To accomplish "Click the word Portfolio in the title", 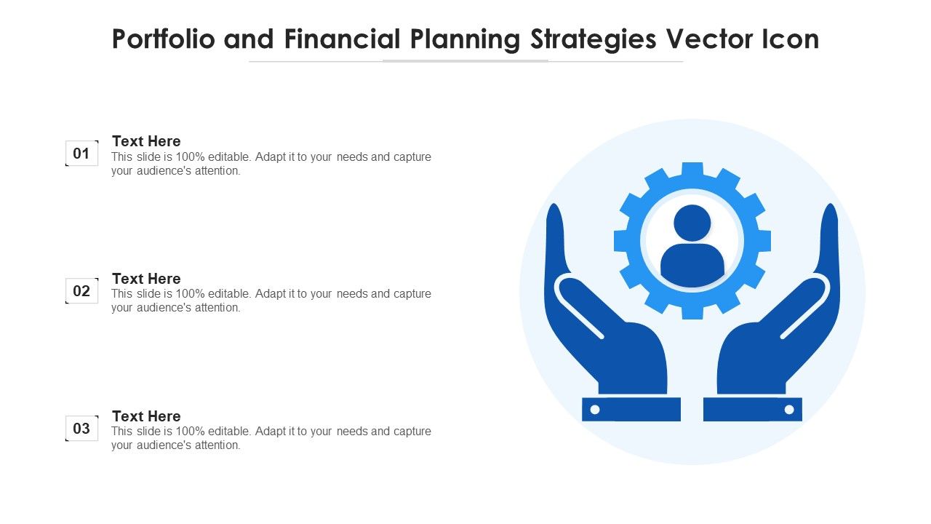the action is click(164, 39).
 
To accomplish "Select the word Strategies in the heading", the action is click(594, 40).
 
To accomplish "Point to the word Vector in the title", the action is click(710, 39).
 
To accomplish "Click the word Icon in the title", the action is click(791, 39).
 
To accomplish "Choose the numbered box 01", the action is click(82, 154).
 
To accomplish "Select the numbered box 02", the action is click(82, 290).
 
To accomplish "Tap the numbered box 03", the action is click(82, 428).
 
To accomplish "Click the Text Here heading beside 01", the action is click(146, 141).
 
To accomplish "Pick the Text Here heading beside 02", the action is click(146, 278).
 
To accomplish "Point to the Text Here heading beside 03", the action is click(146, 416).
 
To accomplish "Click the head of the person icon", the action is click(692, 223).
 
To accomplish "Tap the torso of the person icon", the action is click(692, 265).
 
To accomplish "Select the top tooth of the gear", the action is click(692, 170).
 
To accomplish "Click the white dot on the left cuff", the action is click(595, 410).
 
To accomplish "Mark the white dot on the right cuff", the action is click(789, 410).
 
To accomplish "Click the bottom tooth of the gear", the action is click(692, 312).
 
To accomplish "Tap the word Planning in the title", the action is click(465, 40).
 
